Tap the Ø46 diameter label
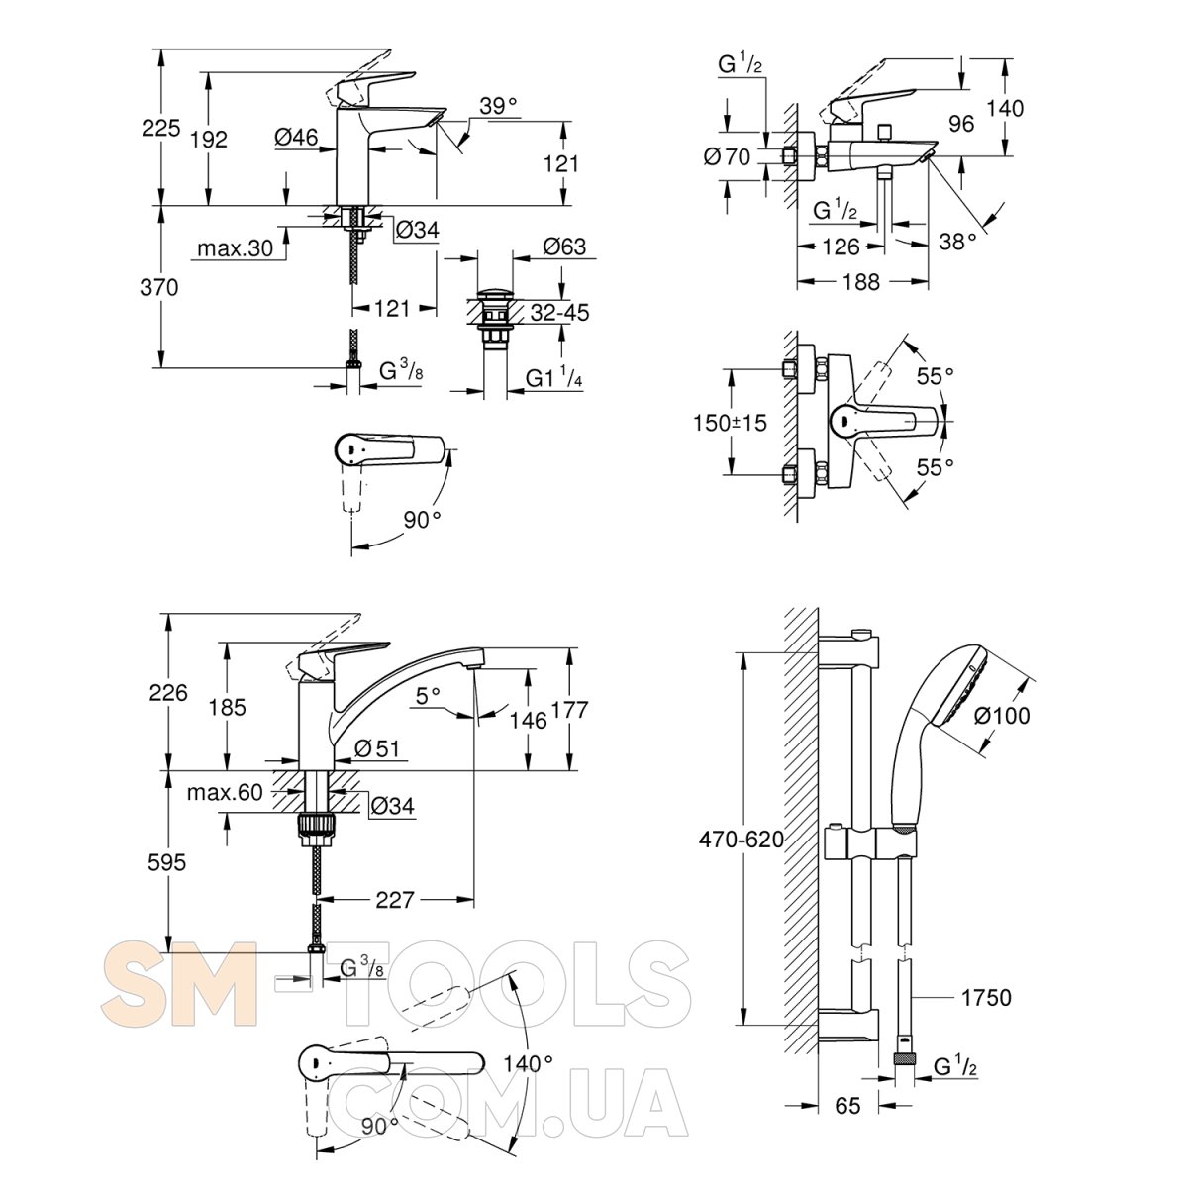pyautogui.click(x=296, y=139)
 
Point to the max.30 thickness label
pyautogui.click(x=235, y=248)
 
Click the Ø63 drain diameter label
pyautogui.click(x=565, y=247)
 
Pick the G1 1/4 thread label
pyautogui.click(x=557, y=378)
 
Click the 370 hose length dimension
pyautogui.click(x=159, y=288)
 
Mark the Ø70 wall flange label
pyautogui.click(x=729, y=155)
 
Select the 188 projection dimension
pyautogui.click(x=861, y=282)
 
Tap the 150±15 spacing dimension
pyautogui.click(x=730, y=422)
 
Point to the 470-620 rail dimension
pyautogui.click(x=741, y=841)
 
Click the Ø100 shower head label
pyautogui.click(x=1002, y=715)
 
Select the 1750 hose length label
pyautogui.click(x=985, y=997)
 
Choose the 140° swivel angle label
pyautogui.click(x=528, y=1064)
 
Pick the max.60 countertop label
pyautogui.click(x=226, y=791)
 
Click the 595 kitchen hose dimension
pyautogui.click(x=166, y=862)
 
